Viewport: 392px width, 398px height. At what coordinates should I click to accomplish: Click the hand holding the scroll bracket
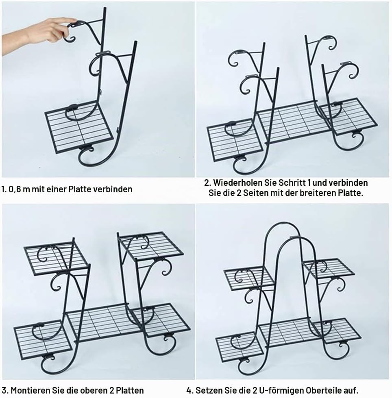(38, 33)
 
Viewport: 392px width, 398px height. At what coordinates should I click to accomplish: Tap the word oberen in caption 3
(94, 390)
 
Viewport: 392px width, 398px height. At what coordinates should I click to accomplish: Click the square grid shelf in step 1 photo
(79, 127)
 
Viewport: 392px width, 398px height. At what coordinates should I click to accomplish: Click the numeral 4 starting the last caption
(189, 390)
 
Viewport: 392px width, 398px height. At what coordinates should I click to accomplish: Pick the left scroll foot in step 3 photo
(51, 364)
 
